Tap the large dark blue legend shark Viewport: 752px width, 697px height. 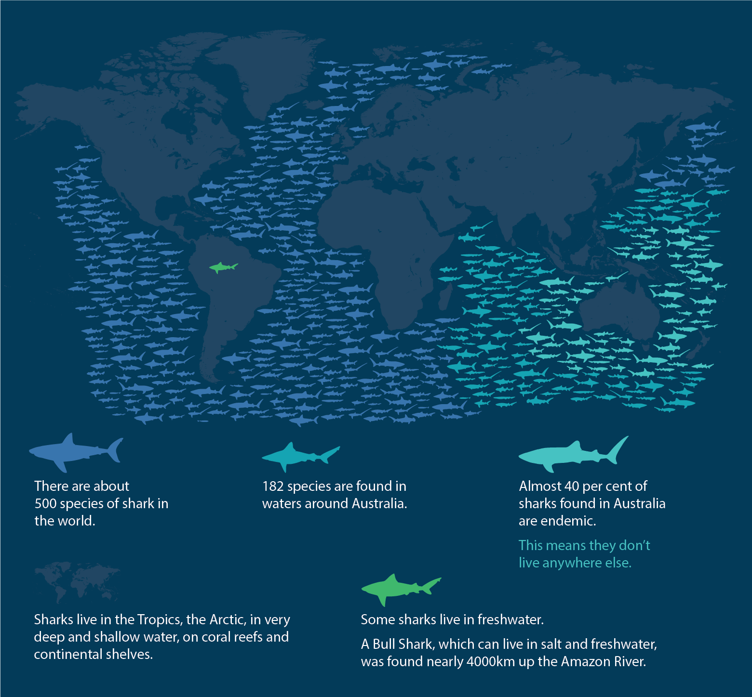coord(72,452)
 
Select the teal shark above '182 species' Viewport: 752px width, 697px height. coord(296,455)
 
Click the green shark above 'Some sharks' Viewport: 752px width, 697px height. coord(395,588)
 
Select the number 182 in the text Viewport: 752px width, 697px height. coord(273,486)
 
